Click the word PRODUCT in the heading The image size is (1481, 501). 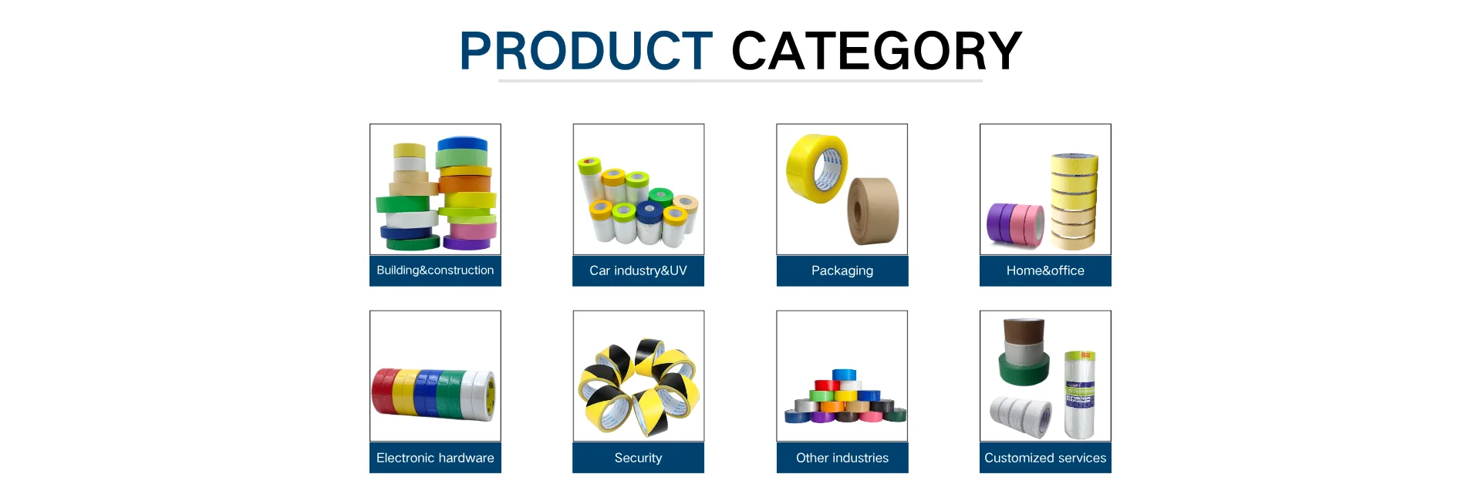tap(585, 51)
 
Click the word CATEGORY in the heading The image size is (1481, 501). tap(876, 51)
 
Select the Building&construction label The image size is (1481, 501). tap(435, 271)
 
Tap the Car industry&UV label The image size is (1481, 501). tap(638, 271)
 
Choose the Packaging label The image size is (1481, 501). tap(842, 271)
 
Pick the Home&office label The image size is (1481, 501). tap(1045, 271)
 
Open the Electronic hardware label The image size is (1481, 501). tap(435, 458)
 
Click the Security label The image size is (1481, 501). tap(638, 458)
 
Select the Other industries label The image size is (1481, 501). tap(842, 458)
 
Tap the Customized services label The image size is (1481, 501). tap(1045, 458)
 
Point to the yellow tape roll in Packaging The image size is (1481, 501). tap(816, 168)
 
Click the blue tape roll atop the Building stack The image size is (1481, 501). tap(462, 145)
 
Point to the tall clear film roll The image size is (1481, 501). tap(1080, 395)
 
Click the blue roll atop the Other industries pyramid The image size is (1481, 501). tap(844, 375)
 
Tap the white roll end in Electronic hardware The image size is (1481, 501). tap(484, 395)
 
